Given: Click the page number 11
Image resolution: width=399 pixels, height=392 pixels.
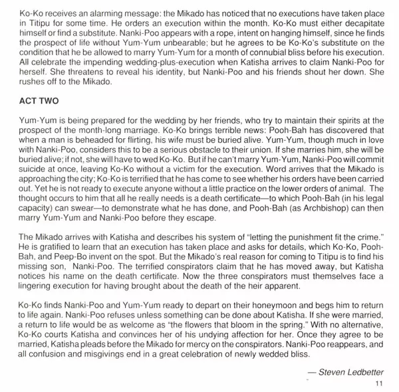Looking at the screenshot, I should [379, 383].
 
